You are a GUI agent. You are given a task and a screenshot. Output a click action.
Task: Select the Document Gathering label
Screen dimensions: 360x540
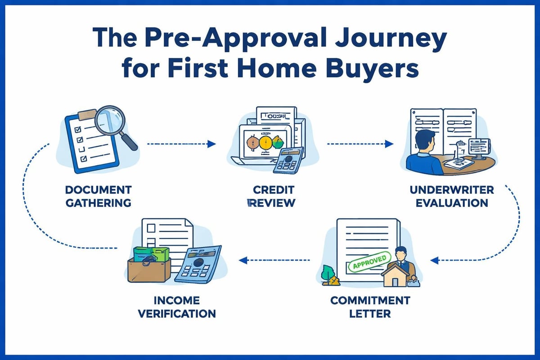(99, 196)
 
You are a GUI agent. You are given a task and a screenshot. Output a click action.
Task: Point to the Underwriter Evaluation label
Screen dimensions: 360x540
(452, 196)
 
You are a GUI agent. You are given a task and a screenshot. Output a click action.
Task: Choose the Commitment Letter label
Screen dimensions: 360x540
(370, 306)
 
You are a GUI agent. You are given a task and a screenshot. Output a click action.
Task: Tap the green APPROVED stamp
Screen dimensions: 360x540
(369, 262)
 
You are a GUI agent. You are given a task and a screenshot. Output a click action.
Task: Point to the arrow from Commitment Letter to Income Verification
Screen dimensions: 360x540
(275, 260)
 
